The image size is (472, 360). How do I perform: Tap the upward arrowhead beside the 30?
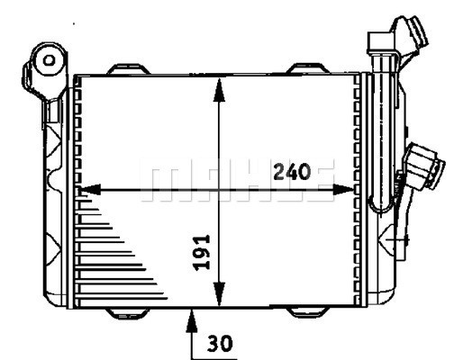pyautogui.click(x=193, y=316)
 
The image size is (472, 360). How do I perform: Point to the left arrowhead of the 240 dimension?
pyautogui.click(x=88, y=190)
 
